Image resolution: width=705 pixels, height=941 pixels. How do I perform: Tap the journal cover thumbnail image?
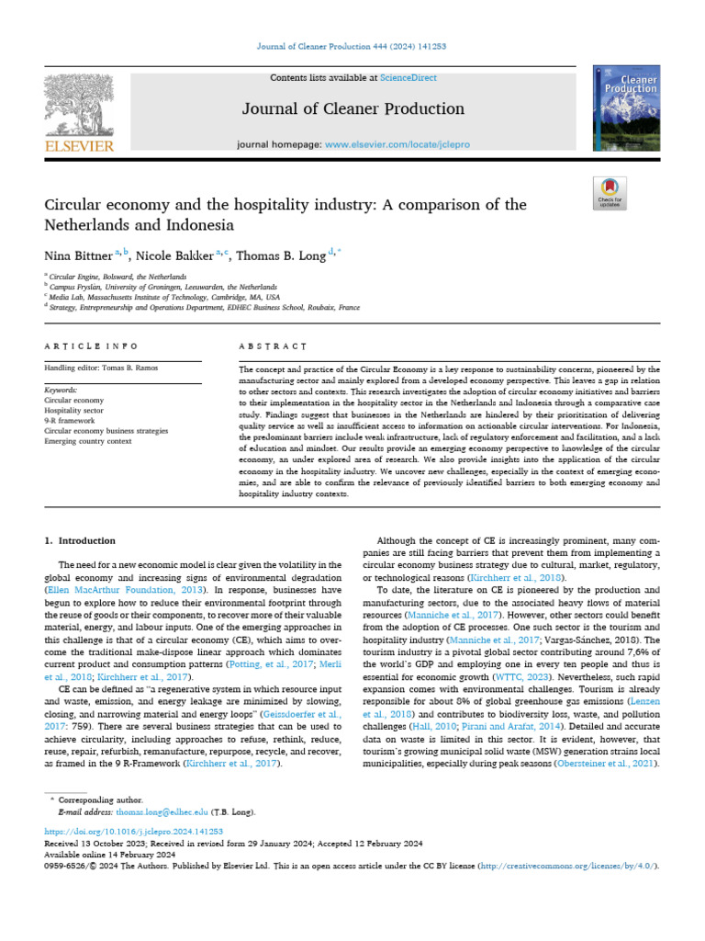coord(625,109)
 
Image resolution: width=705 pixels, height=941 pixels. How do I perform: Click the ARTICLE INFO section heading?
coord(91,346)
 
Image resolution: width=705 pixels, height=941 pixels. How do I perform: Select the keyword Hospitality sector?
coord(75,411)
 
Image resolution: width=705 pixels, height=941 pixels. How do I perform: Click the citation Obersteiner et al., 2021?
coord(606,765)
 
